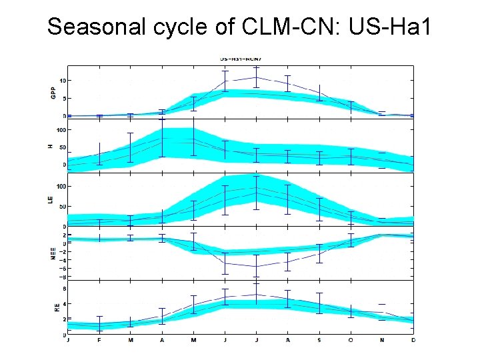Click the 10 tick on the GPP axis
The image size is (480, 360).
[62, 81]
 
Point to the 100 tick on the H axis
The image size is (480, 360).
[61, 129]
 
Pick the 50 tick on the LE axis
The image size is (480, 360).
[62, 207]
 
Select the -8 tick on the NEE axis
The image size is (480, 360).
[62, 277]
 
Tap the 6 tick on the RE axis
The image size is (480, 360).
[63, 288]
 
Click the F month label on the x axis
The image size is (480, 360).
[99, 341]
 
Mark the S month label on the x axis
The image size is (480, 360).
[319, 341]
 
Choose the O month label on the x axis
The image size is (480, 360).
[351, 341]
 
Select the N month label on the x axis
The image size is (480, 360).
[382, 341]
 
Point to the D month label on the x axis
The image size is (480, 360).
[413, 341]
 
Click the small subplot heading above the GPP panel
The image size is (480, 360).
[240, 59]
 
